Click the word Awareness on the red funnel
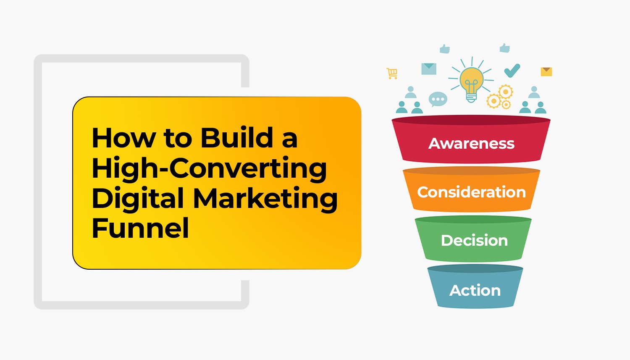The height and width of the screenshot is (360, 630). [x=471, y=144]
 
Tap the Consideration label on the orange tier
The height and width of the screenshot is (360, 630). [x=471, y=192]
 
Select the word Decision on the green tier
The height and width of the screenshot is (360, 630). [x=474, y=241]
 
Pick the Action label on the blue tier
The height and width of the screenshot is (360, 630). [x=475, y=290]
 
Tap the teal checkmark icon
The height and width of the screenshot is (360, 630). [x=512, y=71]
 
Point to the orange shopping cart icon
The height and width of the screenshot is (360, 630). [x=392, y=74]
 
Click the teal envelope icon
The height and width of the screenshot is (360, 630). [x=429, y=69]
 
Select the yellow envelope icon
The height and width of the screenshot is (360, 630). [x=546, y=71]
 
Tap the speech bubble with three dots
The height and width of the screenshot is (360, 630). [x=438, y=100]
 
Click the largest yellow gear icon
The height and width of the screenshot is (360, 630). [x=505, y=92]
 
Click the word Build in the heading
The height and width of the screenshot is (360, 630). [x=237, y=138]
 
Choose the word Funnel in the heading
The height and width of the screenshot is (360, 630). [x=140, y=229]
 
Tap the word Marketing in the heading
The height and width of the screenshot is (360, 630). [x=265, y=198]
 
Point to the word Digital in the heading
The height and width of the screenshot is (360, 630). [x=138, y=199]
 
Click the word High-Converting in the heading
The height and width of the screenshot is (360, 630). [x=209, y=168]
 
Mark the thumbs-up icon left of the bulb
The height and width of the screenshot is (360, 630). [x=445, y=49]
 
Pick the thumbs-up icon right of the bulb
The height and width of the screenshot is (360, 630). [x=505, y=48]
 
